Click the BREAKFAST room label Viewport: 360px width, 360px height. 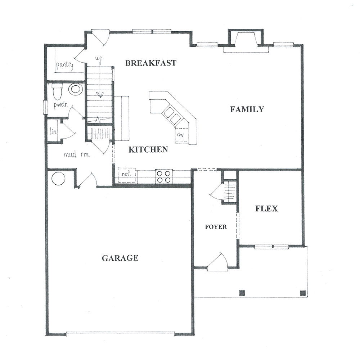[151, 63]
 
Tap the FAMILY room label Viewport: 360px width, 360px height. [247, 109]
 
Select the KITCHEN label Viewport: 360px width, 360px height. [148, 150]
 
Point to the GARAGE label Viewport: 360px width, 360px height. [120, 258]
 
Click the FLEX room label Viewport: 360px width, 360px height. [266, 208]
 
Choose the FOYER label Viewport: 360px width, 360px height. [216, 227]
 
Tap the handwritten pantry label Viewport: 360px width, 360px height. [65, 65]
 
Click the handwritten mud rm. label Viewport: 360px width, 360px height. [76, 154]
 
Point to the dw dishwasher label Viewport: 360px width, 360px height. [180, 135]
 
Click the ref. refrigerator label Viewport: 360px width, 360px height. [126, 174]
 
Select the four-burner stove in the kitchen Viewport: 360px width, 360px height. [164, 176]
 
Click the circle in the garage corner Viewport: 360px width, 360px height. [58, 179]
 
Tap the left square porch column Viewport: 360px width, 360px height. [242, 293]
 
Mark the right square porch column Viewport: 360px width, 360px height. [303, 293]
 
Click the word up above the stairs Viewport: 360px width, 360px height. [99, 59]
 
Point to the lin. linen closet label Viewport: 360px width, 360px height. [53, 131]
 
